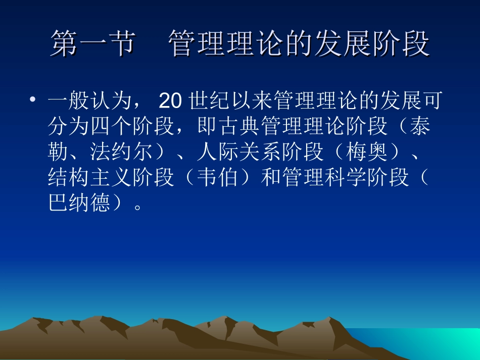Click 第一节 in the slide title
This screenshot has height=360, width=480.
coord(93,43)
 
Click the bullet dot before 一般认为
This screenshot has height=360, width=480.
coord(33,101)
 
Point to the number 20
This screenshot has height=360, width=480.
coord(169,101)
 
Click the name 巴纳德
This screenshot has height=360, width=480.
coord(79,203)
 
